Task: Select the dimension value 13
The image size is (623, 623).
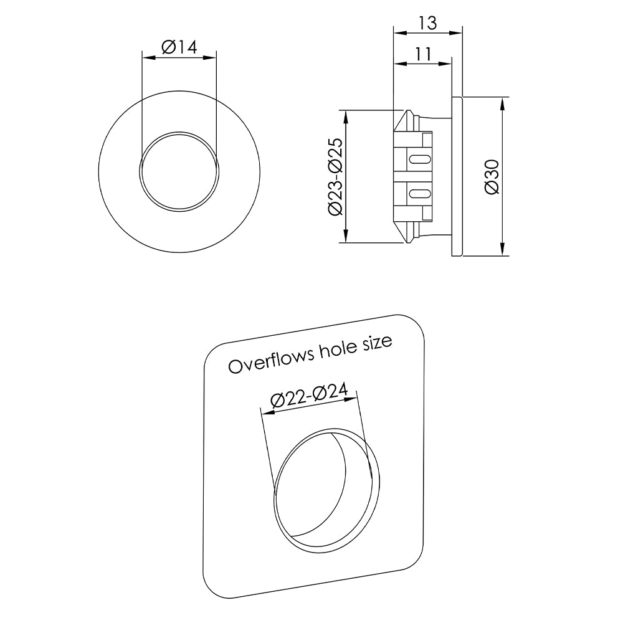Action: point(427,23)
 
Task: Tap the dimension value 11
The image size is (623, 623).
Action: point(422,54)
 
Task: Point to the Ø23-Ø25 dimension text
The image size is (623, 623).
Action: point(335,176)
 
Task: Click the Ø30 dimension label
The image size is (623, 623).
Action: point(492,176)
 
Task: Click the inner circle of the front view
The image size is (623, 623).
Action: point(179,171)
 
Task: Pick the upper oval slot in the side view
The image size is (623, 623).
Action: point(419,158)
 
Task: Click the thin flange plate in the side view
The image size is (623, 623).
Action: point(457,176)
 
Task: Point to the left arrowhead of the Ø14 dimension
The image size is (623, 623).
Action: point(146,57)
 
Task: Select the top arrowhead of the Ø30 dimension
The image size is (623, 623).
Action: point(503,102)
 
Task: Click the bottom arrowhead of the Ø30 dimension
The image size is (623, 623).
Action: point(503,251)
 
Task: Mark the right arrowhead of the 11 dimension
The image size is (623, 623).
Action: point(447,63)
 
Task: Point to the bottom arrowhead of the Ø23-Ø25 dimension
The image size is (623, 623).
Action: point(345,238)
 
